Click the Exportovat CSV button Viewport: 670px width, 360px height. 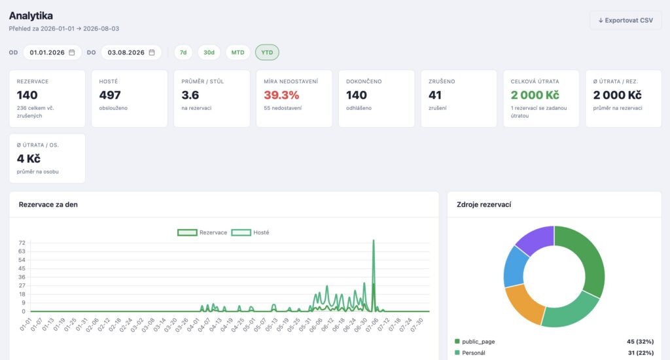[x=626, y=20]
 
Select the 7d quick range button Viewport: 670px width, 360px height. [x=183, y=52]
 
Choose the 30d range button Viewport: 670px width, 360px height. [x=209, y=52]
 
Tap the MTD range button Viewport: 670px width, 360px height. [x=238, y=52]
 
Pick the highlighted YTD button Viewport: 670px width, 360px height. [x=267, y=52]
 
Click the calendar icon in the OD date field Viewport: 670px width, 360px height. [x=72, y=52]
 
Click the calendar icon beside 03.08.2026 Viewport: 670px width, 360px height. [x=152, y=52]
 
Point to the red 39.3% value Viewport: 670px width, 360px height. [x=281, y=95]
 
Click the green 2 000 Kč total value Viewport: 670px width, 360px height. [x=535, y=95]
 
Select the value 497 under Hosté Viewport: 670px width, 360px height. [x=110, y=95]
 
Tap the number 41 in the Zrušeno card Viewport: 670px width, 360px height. [x=435, y=95]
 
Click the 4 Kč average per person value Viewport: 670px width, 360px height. [x=29, y=158]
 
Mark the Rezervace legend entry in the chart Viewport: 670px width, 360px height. [x=203, y=232]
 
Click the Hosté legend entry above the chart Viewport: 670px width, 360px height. [x=251, y=232]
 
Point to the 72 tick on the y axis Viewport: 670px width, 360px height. [x=22, y=243]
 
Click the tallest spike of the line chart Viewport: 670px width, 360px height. [x=374, y=240]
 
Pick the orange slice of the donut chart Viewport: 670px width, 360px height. [x=523, y=304]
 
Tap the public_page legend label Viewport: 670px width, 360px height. [x=478, y=342]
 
